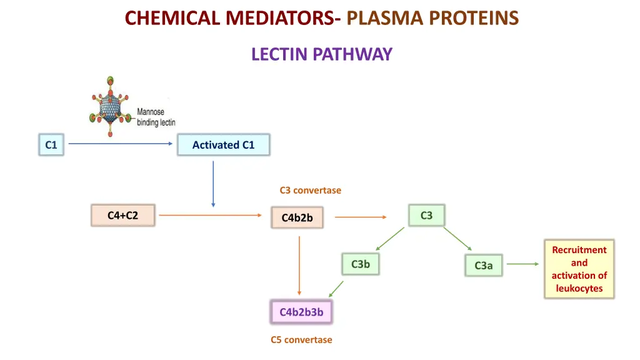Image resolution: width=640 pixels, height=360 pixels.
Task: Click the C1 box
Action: (x=51, y=145)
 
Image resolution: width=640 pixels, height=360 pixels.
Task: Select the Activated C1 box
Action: (x=224, y=145)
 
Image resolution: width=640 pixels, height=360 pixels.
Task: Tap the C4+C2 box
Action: (x=122, y=216)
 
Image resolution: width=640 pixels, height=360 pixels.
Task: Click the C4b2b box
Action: (x=297, y=217)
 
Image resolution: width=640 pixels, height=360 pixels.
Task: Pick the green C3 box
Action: (x=426, y=216)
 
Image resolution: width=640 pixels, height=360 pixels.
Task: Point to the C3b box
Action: (x=360, y=264)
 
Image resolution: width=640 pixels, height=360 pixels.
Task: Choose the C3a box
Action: (x=483, y=266)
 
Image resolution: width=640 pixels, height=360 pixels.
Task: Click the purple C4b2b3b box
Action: (x=301, y=312)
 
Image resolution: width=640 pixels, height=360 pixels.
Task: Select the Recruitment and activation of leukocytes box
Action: (x=579, y=269)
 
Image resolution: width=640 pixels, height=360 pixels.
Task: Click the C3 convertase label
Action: (x=310, y=190)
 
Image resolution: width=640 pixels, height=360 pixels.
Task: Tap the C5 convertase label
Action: (x=301, y=340)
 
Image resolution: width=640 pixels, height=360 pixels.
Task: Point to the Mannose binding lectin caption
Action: (x=156, y=117)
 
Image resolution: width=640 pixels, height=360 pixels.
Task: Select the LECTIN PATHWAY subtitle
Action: (x=321, y=55)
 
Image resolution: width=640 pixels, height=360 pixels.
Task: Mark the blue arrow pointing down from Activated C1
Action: (x=213, y=184)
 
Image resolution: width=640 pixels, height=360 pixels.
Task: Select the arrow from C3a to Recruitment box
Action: (x=522, y=264)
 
